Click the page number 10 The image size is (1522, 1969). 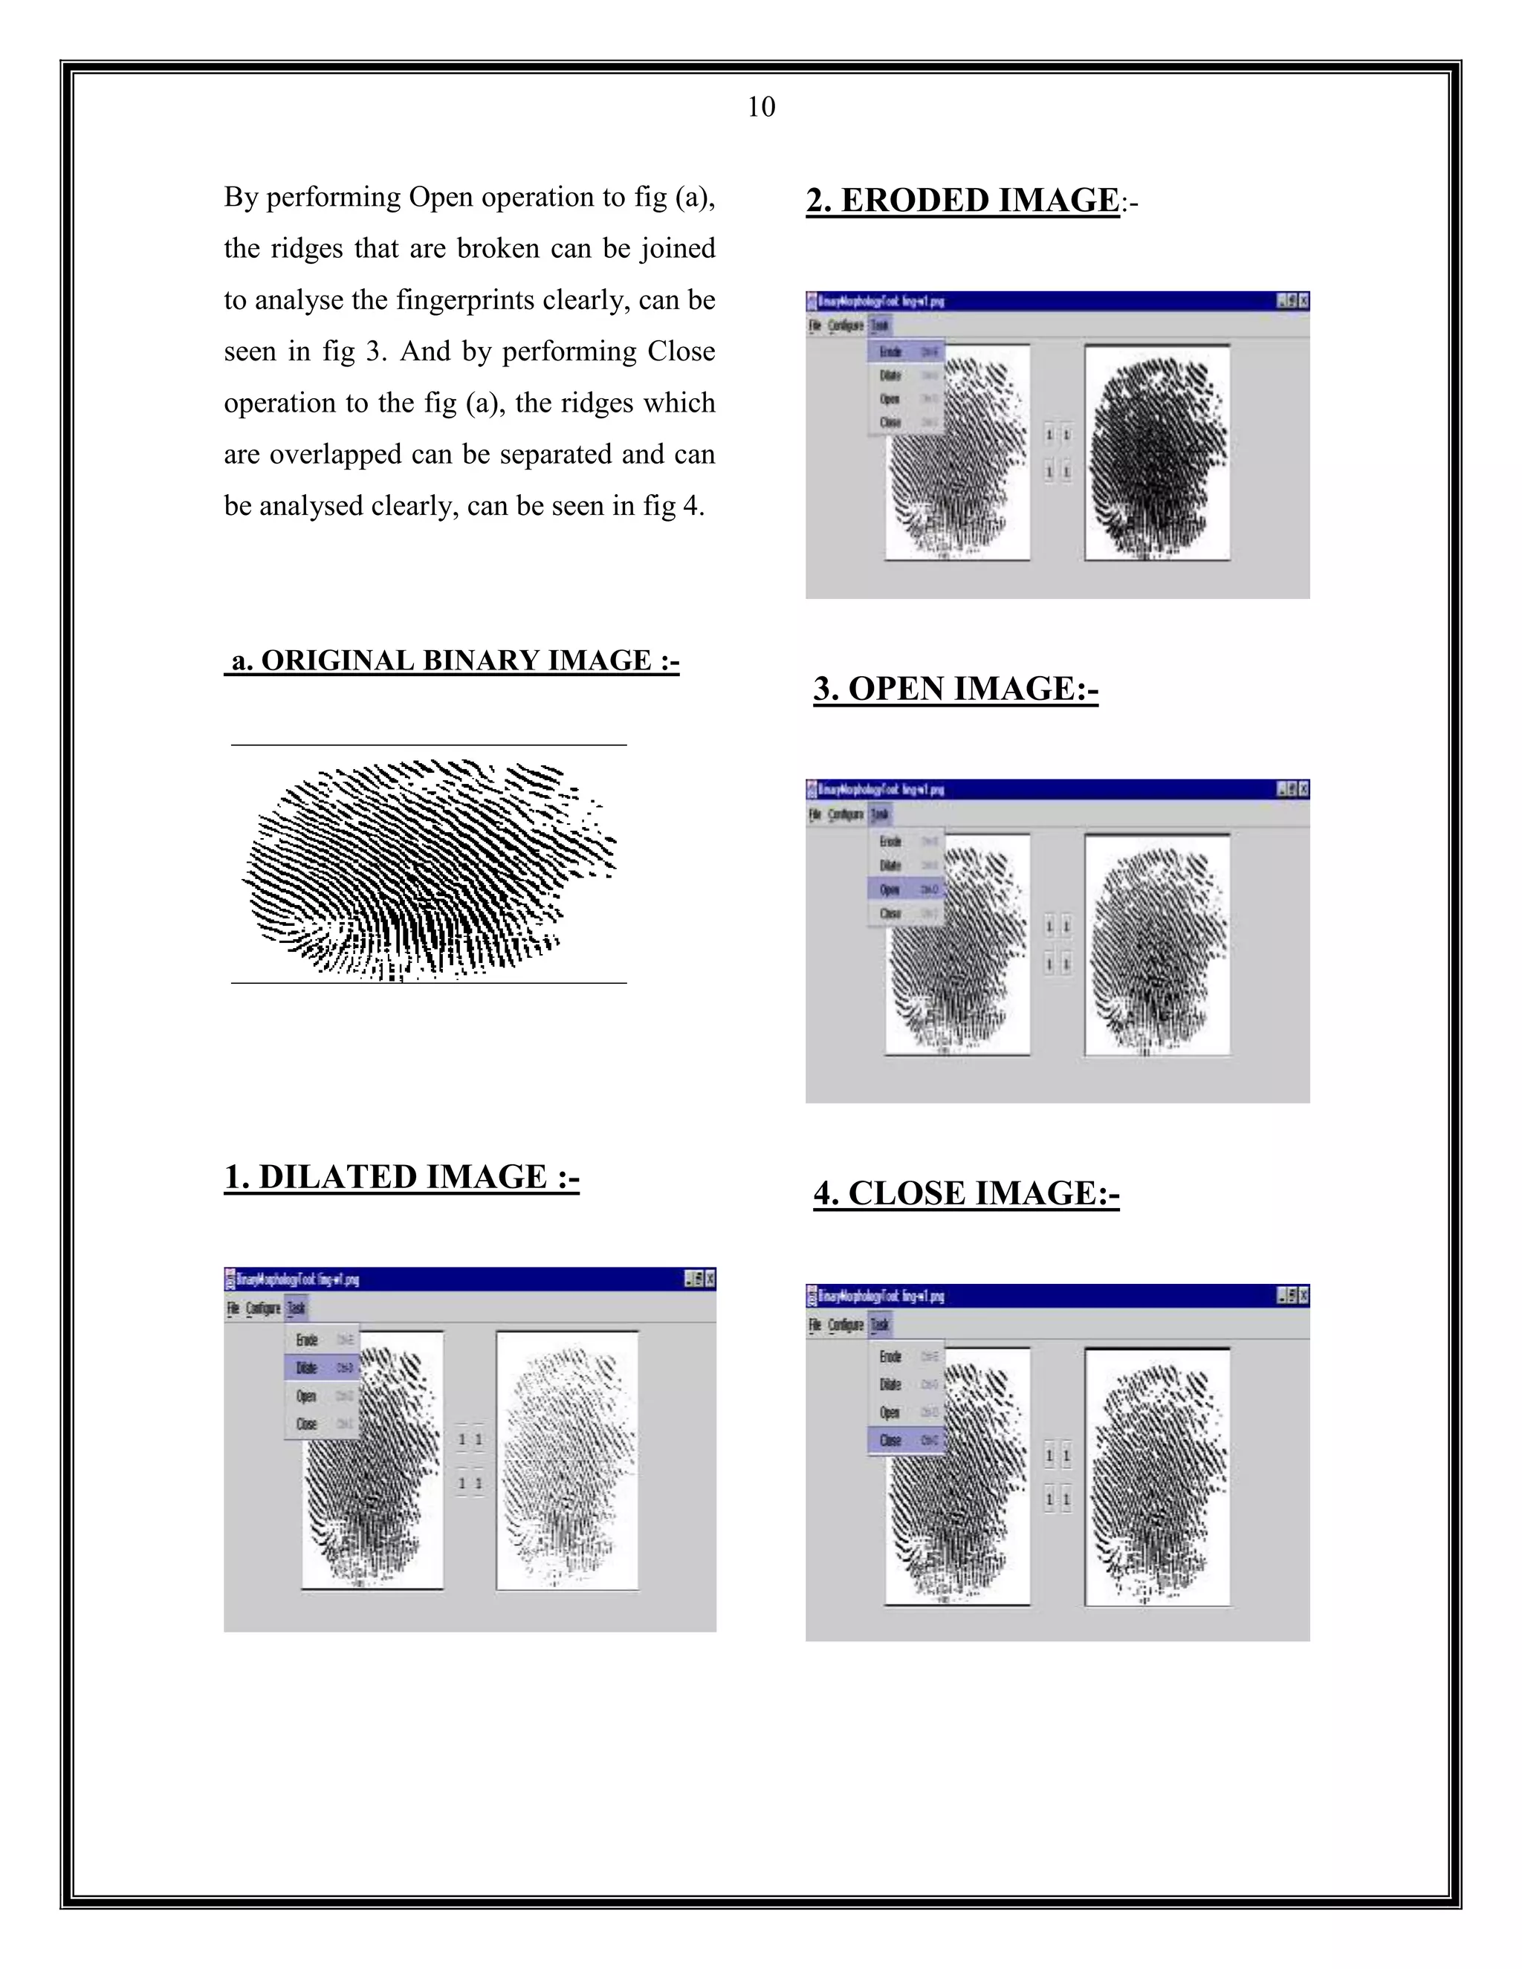761,107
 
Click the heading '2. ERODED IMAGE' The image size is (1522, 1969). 962,200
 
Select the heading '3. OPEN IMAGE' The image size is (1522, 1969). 955,689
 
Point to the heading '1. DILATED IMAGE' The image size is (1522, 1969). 401,1178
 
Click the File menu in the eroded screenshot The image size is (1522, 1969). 815,325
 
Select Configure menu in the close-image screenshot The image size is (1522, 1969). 846,1324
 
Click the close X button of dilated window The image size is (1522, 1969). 710,1279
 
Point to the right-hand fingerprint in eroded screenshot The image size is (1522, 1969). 1157,453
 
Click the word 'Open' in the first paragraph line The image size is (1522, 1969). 441,198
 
